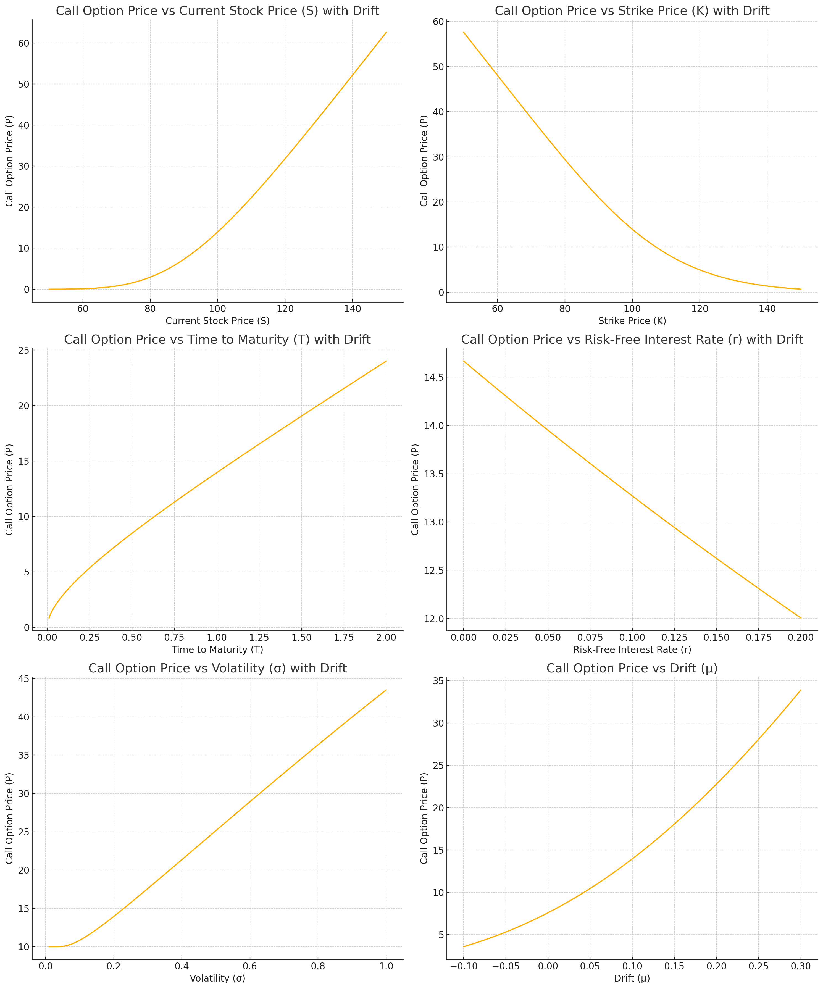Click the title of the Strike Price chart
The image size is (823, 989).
pos(632,11)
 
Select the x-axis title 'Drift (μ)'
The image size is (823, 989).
pos(632,978)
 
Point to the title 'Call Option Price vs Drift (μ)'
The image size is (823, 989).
pos(632,668)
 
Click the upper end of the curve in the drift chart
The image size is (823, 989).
pos(800,690)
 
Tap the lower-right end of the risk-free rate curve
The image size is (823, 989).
pos(800,618)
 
